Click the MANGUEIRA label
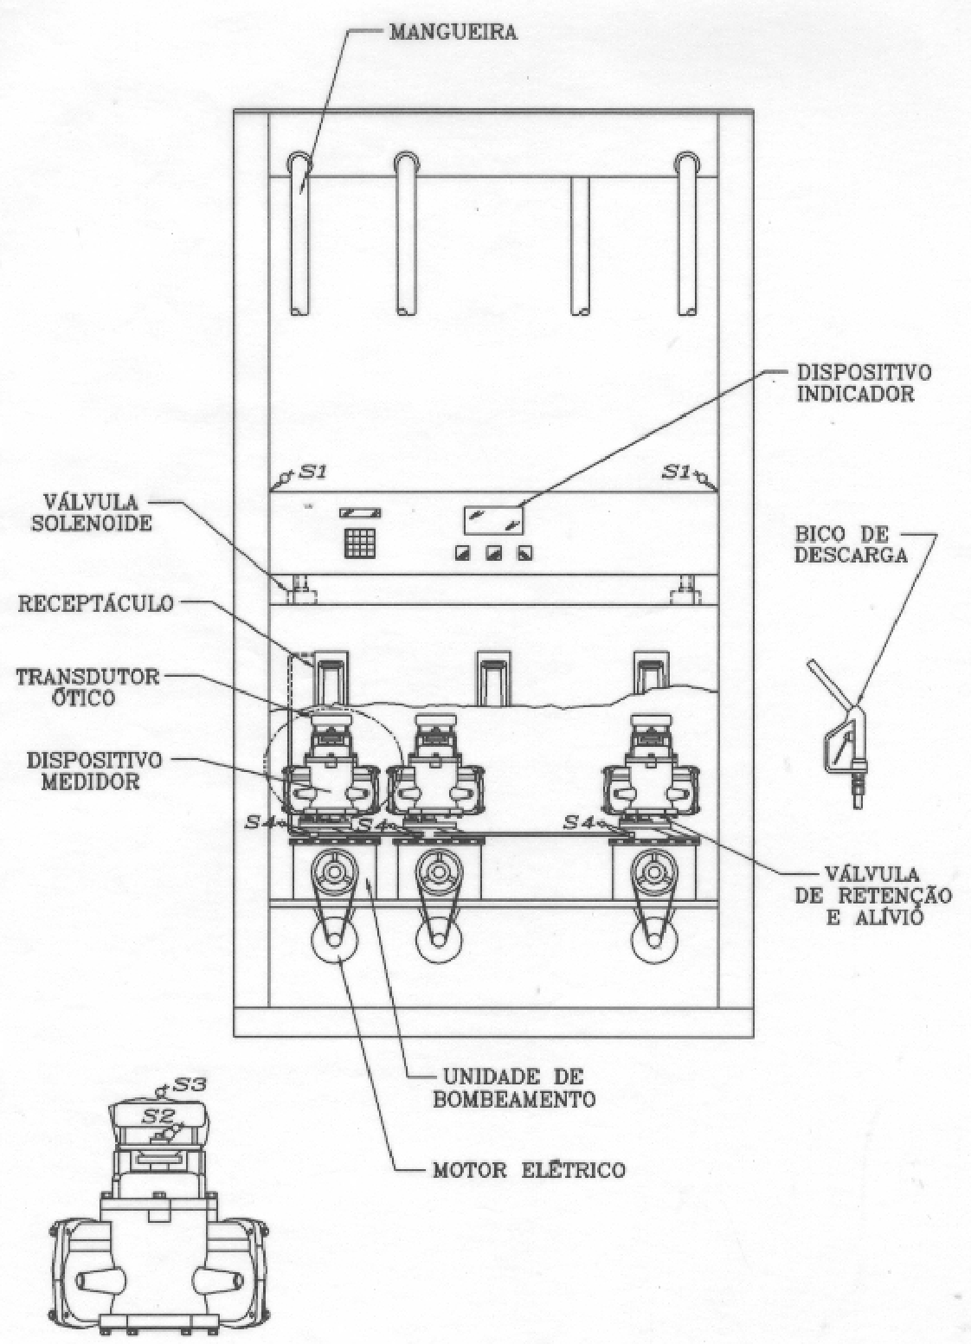click(453, 31)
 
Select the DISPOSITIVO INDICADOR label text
click(864, 383)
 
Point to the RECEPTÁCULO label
click(95, 603)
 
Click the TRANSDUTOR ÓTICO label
click(87, 687)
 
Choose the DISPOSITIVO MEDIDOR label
click(94, 770)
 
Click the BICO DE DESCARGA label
click(850, 544)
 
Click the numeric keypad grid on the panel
click(359, 543)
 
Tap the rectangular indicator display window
click(493, 520)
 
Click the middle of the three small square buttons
click(493, 553)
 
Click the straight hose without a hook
click(580, 246)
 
